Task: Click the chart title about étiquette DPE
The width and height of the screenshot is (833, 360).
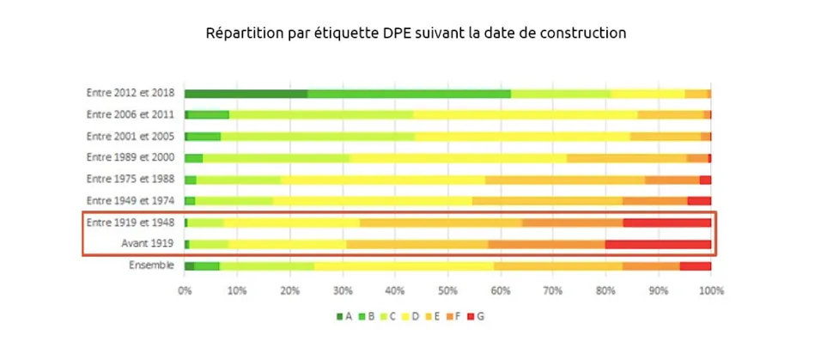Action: click(416, 34)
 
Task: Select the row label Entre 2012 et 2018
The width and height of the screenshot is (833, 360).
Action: click(130, 93)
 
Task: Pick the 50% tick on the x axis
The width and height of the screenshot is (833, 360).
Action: click(447, 291)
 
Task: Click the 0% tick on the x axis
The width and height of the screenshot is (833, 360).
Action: click(185, 291)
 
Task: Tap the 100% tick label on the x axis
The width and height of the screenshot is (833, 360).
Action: click(710, 291)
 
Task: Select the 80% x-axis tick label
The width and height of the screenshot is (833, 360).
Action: click(605, 291)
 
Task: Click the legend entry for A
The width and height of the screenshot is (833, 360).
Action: click(344, 316)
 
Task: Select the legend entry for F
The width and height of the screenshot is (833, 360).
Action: click(452, 316)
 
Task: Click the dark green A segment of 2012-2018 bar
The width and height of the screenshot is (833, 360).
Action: click(246, 94)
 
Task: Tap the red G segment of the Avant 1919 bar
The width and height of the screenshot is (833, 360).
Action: click(658, 244)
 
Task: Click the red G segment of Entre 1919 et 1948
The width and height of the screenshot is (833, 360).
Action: click(666, 223)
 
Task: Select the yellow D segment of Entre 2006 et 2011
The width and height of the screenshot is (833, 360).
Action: click(525, 114)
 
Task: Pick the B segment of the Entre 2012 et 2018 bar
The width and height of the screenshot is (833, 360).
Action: click(409, 94)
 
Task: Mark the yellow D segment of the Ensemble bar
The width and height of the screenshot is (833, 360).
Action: click(404, 266)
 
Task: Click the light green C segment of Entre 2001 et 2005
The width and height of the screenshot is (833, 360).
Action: click(318, 136)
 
